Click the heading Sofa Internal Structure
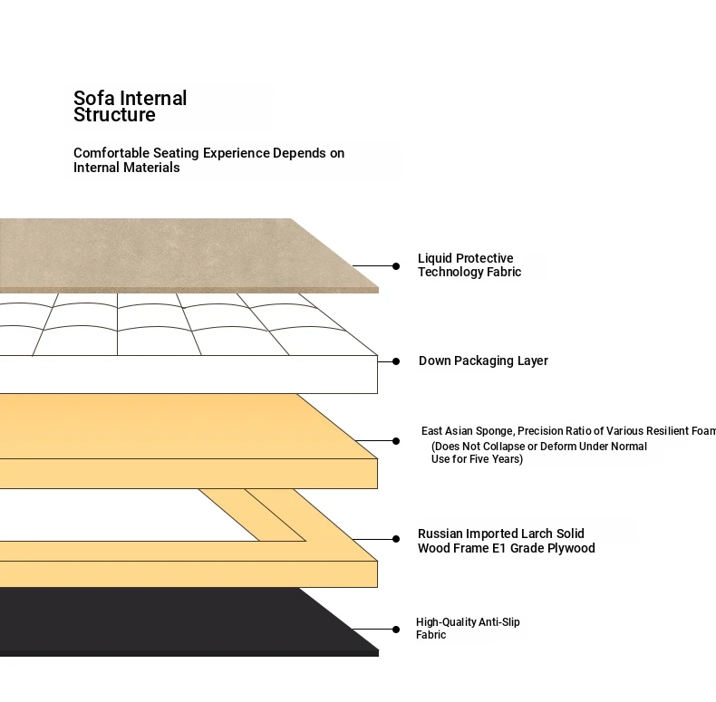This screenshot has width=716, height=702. tap(130, 106)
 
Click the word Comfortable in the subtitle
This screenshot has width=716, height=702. tap(111, 153)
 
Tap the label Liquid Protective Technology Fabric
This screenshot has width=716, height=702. tap(469, 265)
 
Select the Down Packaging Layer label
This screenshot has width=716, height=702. tap(483, 361)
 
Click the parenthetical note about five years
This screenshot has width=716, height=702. tap(538, 453)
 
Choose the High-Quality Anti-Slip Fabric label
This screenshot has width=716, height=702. tap(468, 629)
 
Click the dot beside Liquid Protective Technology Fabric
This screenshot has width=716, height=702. tap(396, 266)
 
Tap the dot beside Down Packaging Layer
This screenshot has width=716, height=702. tap(396, 361)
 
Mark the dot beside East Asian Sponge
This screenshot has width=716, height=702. tap(396, 441)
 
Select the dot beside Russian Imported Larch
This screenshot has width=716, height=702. tap(396, 539)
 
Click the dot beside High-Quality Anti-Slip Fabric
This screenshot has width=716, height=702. tap(396, 630)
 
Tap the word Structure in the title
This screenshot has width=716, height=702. tap(114, 115)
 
